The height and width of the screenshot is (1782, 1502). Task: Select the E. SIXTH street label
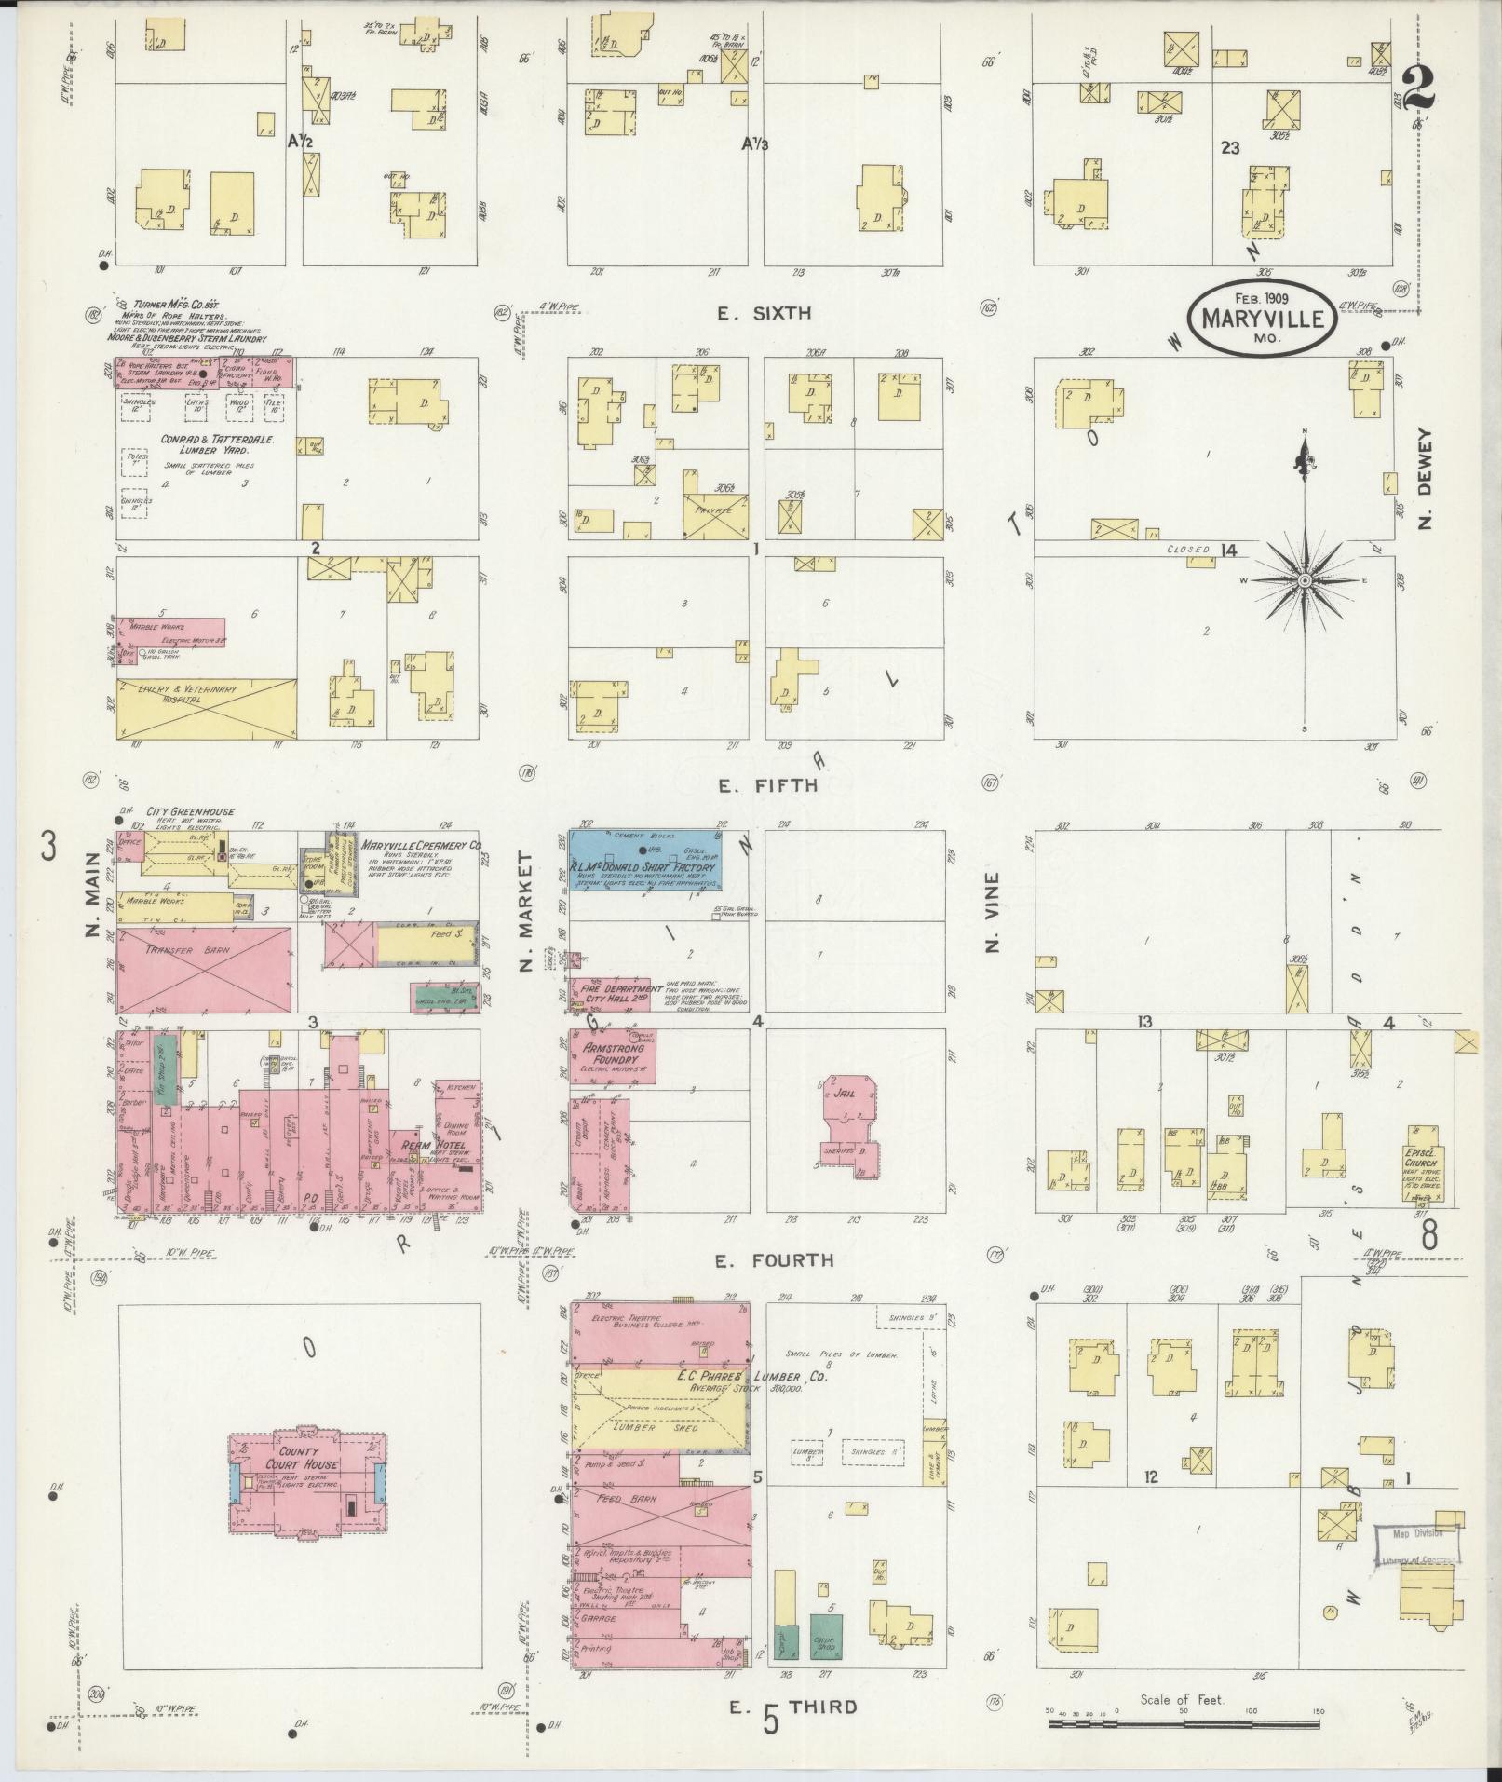[764, 314]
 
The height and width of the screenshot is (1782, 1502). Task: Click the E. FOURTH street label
[773, 1260]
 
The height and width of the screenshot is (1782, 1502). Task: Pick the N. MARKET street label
[526, 911]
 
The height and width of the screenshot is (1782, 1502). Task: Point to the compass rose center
[1304, 579]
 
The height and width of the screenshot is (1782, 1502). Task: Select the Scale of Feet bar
[1183, 1723]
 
